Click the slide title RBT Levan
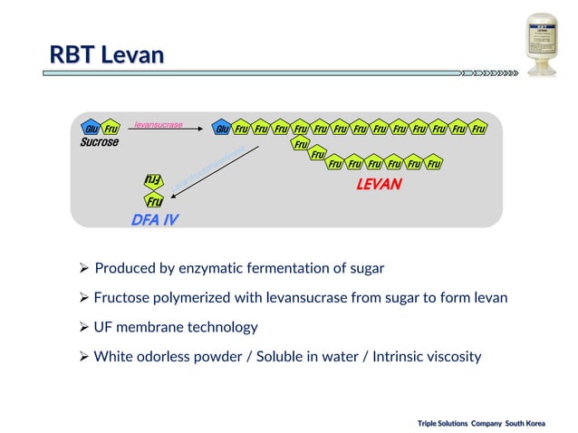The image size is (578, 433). coord(107,55)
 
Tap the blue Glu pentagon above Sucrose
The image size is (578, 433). coord(90,129)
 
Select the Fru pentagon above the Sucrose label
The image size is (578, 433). coord(110,129)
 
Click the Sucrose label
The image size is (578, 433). coord(99,142)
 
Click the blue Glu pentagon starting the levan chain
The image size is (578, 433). coord(220,129)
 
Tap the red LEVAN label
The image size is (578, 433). coord(379,184)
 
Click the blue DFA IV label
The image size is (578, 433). coord(155,219)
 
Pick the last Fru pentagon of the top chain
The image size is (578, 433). coord(478,129)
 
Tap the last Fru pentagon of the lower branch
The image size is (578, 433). coord(434,164)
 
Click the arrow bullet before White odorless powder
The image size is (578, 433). coord(83,356)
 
